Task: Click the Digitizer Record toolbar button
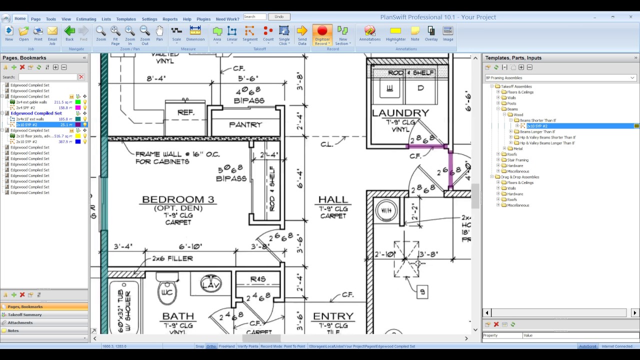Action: pos(322,35)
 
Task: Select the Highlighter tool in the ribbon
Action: pos(395,35)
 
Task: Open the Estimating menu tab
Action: pos(86,19)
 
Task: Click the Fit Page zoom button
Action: pos(115,35)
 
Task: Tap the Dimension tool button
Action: pos(195,35)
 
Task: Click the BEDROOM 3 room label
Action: pos(178,199)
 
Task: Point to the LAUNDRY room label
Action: pos(400,113)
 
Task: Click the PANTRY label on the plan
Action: pos(245,124)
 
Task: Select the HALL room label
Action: pos(333,199)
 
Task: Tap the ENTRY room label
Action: pos(333,316)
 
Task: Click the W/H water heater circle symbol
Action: pos(386,210)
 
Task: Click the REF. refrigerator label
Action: pos(185,112)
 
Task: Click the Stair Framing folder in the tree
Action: pos(517,160)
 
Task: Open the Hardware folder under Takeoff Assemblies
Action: pos(515,165)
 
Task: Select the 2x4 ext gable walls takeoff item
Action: pos(31,102)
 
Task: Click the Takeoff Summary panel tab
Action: pos(24,314)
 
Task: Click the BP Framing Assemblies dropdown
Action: pos(560,78)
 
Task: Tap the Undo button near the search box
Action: pos(279,17)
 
